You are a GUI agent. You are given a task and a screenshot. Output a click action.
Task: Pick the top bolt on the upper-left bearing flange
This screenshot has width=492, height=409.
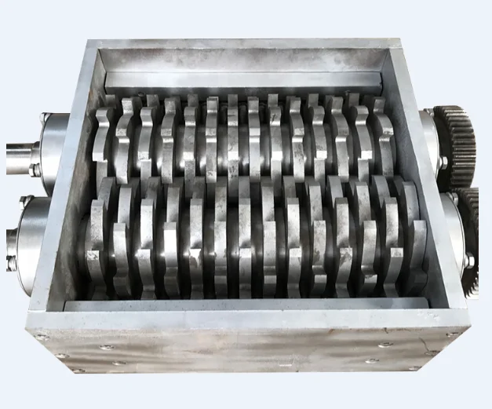point(46,117)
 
